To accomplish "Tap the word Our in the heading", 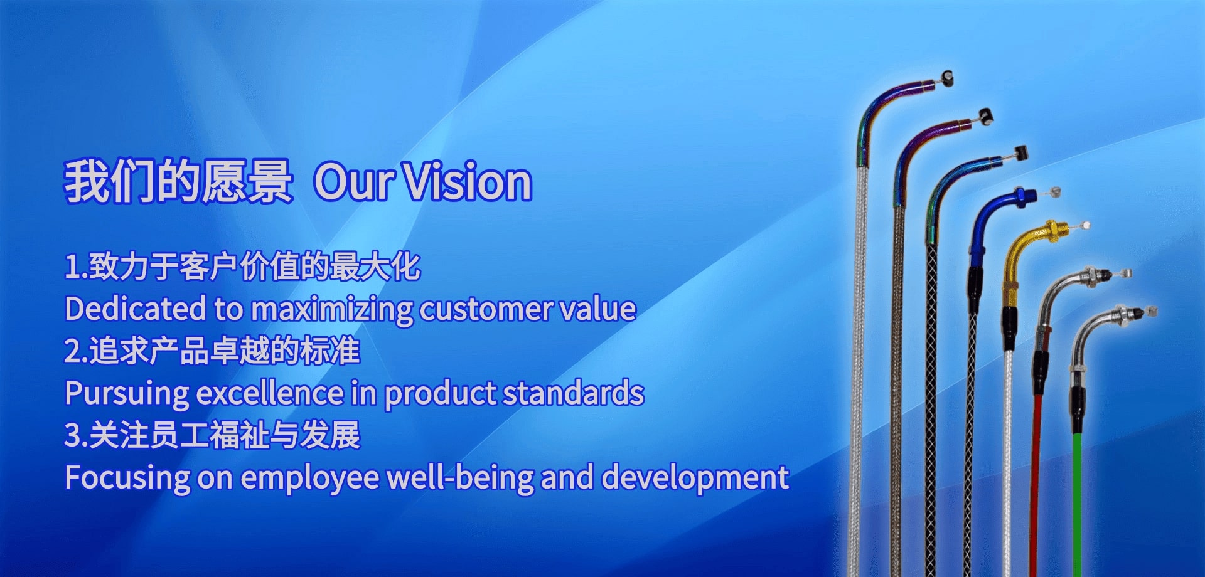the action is [353, 183].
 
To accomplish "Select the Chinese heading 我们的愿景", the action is [179, 181].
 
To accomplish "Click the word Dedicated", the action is [136, 309].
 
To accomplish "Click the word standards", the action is [574, 393].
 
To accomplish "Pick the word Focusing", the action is [127, 478].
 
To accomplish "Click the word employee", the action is [310, 479].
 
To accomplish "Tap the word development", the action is [695, 478].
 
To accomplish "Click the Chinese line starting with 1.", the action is [242, 266].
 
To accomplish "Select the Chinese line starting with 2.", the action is [212, 351].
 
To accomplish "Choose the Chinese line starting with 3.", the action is [212, 435].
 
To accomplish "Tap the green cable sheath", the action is [1077, 502].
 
